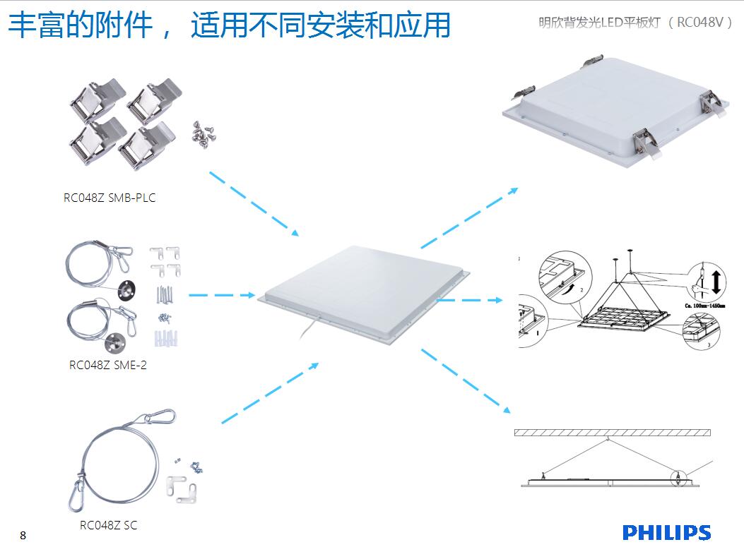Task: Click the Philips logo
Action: [666, 532]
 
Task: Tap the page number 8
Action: [23, 535]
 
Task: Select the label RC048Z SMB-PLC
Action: [110, 198]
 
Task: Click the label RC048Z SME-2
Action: [108, 365]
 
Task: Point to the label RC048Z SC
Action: [109, 525]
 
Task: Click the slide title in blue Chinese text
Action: [229, 26]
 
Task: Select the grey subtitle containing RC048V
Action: [635, 22]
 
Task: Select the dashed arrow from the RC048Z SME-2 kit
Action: [221, 294]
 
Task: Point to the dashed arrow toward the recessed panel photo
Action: [469, 218]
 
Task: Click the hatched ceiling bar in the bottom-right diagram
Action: [612, 432]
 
